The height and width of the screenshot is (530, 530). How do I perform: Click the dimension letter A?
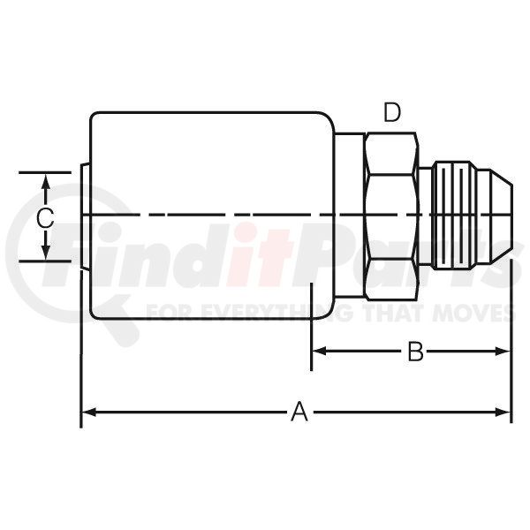pyautogui.click(x=299, y=412)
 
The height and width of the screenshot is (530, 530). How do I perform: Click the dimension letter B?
pyautogui.click(x=415, y=352)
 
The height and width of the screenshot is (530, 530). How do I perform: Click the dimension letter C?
pyautogui.click(x=45, y=217)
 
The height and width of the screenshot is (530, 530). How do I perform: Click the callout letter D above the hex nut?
pyautogui.click(x=392, y=112)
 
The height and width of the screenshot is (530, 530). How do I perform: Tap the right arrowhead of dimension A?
pyautogui.click(x=503, y=412)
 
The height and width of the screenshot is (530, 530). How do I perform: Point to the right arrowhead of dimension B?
pyautogui.click(x=503, y=352)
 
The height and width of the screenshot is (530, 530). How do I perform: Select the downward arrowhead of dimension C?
pyautogui.click(x=46, y=253)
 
